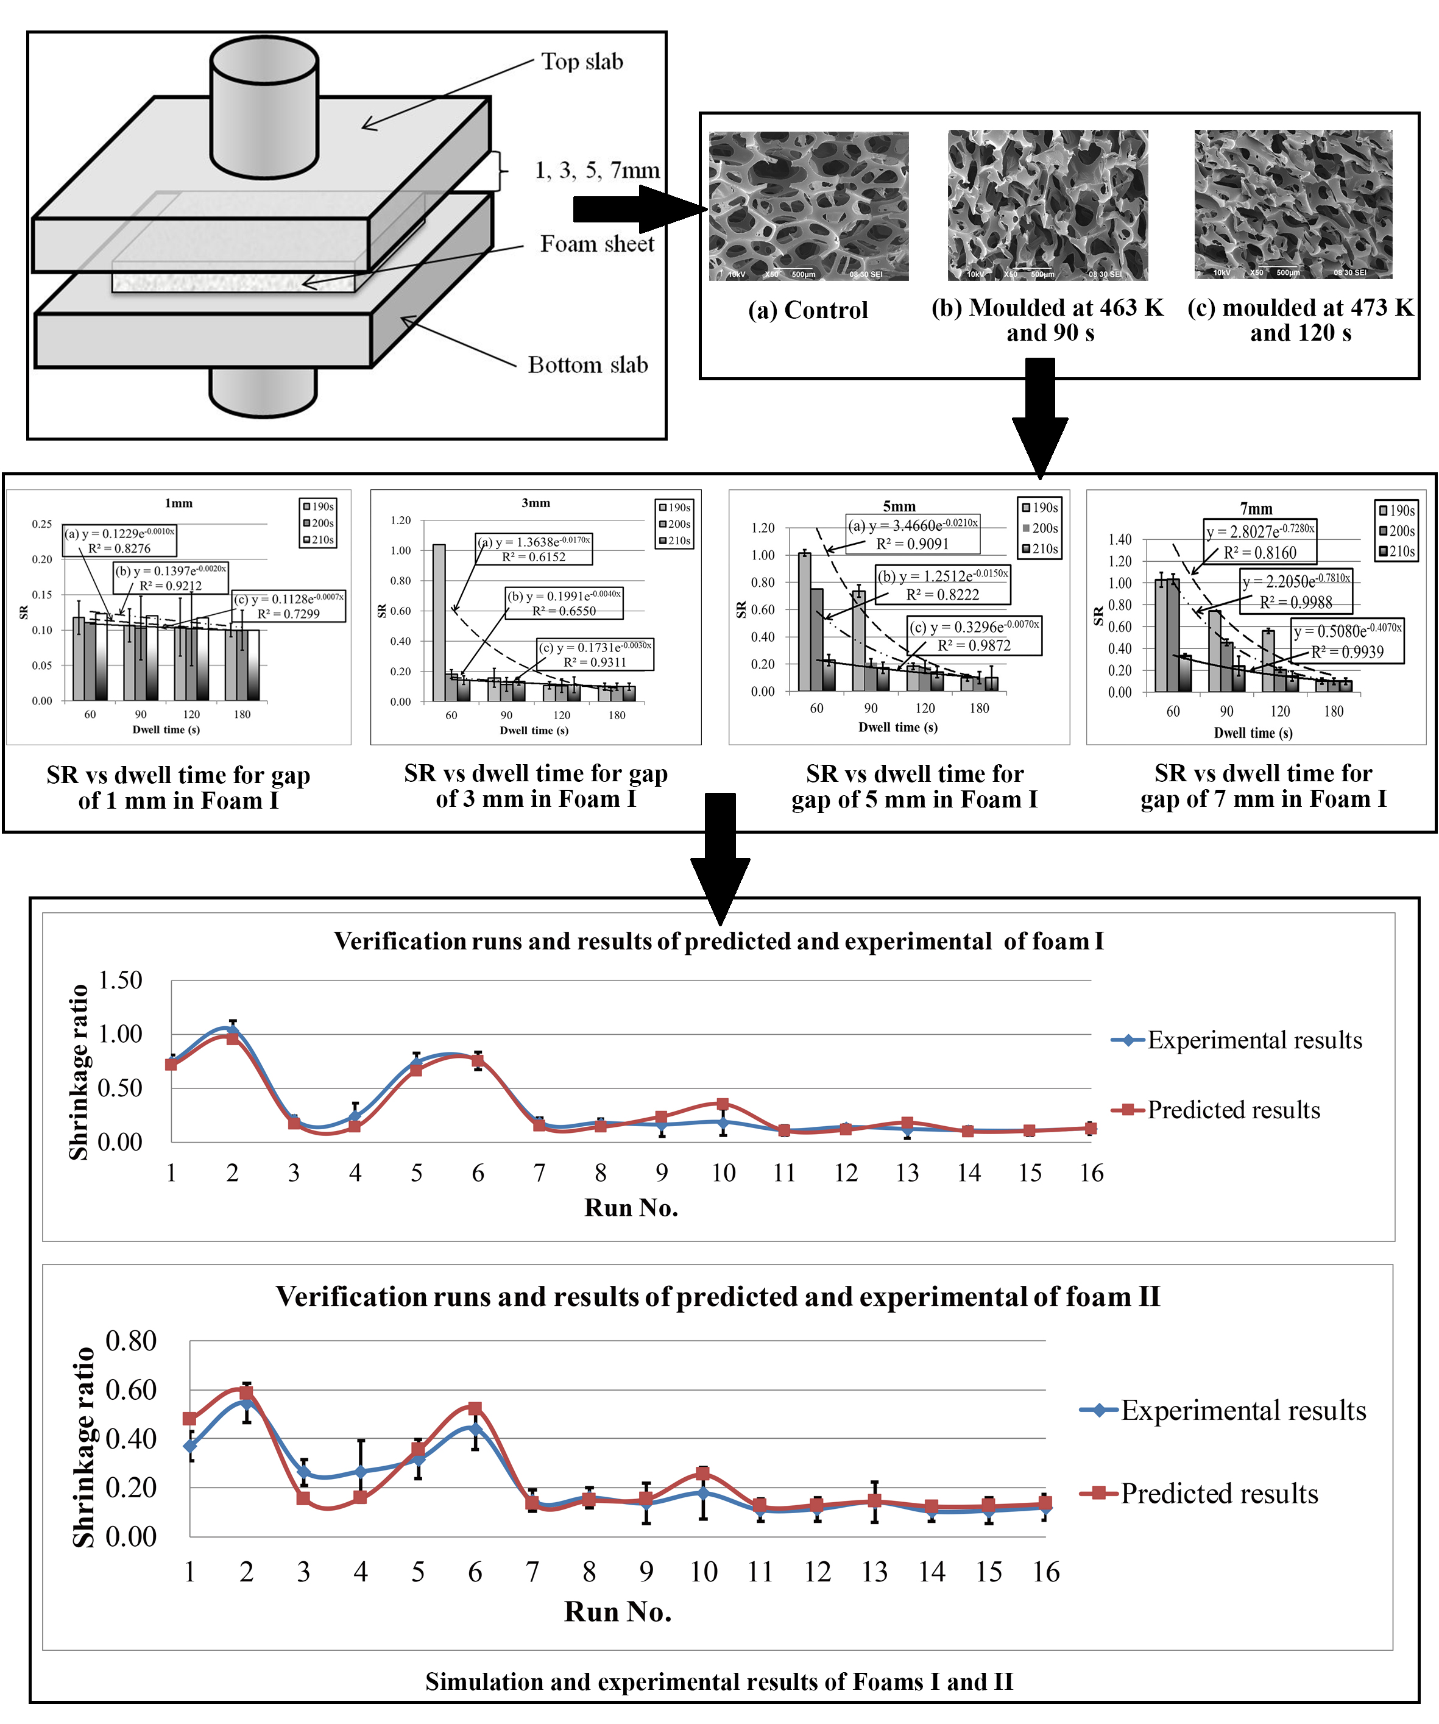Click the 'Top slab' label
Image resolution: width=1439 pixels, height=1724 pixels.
pos(581,62)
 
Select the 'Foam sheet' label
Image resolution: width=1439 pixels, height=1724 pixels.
pos(597,244)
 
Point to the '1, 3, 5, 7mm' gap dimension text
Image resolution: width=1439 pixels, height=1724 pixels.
pos(597,171)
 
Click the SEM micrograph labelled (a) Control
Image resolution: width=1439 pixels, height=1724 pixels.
pos(808,205)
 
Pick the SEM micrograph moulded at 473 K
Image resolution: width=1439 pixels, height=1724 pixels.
pos(1292,204)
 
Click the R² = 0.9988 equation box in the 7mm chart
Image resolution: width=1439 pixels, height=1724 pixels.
pos(1295,591)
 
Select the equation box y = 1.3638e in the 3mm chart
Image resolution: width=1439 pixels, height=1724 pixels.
pos(534,548)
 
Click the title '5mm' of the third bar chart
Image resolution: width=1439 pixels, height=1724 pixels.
pos(899,506)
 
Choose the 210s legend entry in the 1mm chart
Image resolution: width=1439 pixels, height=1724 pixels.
pos(319,539)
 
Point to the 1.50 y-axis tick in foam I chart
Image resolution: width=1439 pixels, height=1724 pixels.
pos(120,980)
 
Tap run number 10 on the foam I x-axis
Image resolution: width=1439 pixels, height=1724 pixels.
pos(723,1173)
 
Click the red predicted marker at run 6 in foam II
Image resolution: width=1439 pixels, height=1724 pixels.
pos(475,1409)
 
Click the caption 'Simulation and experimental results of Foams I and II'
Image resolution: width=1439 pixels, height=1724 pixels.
pos(719,1682)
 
